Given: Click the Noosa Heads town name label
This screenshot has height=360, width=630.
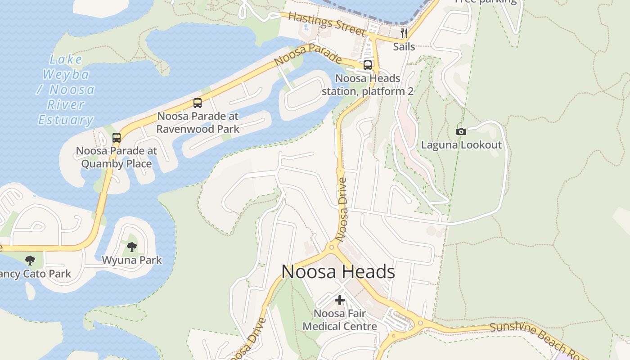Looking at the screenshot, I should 338,272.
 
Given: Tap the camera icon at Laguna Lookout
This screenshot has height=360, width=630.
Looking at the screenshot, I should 461,131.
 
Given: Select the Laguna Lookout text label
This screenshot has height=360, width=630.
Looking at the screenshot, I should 461,145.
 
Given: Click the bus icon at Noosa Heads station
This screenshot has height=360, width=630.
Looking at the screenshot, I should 367,65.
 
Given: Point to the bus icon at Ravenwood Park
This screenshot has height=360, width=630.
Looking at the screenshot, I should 197,103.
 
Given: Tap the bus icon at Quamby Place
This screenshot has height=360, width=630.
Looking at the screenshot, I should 117,138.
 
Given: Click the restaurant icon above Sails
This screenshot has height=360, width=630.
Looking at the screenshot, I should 404,33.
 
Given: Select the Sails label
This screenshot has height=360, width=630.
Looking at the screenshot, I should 404,46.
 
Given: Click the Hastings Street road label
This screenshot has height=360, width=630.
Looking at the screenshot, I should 326,24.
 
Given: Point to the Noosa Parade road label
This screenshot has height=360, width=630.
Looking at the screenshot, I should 307,55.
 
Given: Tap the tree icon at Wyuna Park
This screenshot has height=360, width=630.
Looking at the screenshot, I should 131,247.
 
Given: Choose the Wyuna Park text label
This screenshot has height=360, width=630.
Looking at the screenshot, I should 131,260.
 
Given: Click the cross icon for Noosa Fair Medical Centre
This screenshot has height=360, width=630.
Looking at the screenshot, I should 340,300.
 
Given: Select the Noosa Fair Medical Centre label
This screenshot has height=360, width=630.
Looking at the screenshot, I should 340,320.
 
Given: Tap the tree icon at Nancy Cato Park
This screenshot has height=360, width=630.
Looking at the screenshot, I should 30,260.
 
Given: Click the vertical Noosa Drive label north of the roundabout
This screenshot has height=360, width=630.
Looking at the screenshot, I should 342,209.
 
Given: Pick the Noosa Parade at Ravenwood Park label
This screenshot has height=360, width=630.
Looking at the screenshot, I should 198,122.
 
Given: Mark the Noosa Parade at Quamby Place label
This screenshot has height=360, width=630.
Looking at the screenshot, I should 117,157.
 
